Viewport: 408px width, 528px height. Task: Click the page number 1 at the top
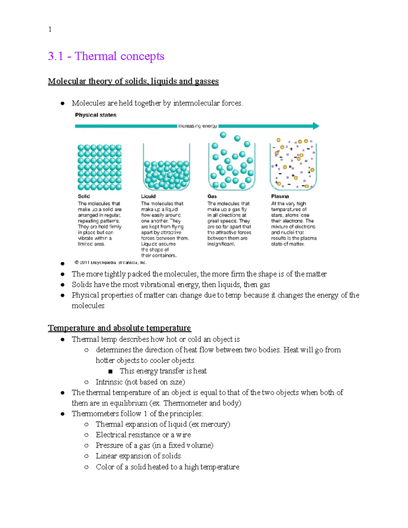click(50, 30)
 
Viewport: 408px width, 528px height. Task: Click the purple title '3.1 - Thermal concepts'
click(106, 56)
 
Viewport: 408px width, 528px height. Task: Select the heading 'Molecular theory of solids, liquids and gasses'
click(133, 81)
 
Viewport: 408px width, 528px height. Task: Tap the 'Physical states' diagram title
click(96, 115)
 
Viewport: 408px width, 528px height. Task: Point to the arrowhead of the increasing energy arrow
click(316, 126)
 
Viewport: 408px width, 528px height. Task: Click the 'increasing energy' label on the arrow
click(198, 126)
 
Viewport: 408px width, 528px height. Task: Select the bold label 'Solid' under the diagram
click(84, 196)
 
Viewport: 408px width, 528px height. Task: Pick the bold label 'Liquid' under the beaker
click(148, 196)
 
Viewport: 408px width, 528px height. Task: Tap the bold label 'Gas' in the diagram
click(212, 196)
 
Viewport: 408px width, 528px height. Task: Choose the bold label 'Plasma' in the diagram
click(280, 196)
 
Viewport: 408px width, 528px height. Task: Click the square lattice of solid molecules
click(99, 167)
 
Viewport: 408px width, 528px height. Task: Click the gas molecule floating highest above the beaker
click(223, 135)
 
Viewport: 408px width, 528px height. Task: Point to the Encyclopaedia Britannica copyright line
click(111, 262)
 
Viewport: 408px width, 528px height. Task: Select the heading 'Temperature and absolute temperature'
click(119, 328)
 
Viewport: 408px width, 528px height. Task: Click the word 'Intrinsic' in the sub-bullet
click(109, 382)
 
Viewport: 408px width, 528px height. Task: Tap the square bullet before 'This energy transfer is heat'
click(110, 371)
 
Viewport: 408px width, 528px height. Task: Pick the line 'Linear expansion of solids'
click(138, 456)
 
